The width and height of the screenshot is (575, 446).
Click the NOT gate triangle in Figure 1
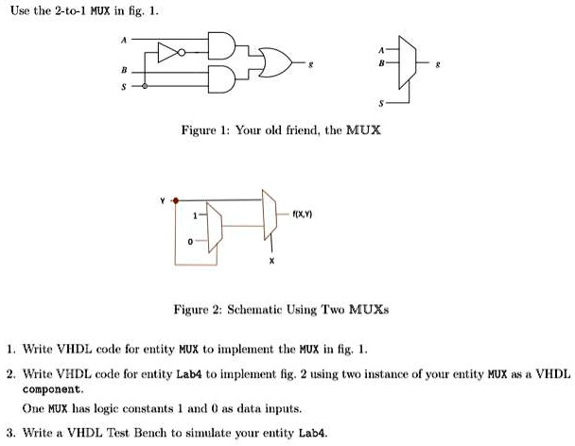[x=167, y=52]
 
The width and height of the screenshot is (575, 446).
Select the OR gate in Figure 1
[x=275, y=62]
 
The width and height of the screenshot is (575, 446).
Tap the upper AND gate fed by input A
[x=221, y=45]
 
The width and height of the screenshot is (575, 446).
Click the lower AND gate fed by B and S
[x=221, y=79]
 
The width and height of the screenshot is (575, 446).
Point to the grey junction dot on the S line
[x=145, y=86]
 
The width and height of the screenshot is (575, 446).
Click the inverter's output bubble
[x=182, y=53]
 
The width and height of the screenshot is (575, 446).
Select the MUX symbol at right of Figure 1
[x=408, y=62]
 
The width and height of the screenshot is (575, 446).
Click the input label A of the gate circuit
[x=124, y=40]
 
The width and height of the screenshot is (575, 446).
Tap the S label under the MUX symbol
[x=381, y=103]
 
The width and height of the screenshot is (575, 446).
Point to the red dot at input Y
[x=176, y=201]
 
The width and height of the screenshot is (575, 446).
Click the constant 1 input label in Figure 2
[x=195, y=215]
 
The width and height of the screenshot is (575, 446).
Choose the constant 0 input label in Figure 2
[x=190, y=242]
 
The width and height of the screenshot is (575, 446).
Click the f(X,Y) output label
[x=303, y=214]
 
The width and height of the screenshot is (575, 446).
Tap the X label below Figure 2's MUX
[x=271, y=261]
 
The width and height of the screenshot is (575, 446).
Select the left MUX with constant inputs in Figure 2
[x=215, y=228]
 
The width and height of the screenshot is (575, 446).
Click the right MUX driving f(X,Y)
[x=270, y=214]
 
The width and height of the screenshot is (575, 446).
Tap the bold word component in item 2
[x=51, y=389]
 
